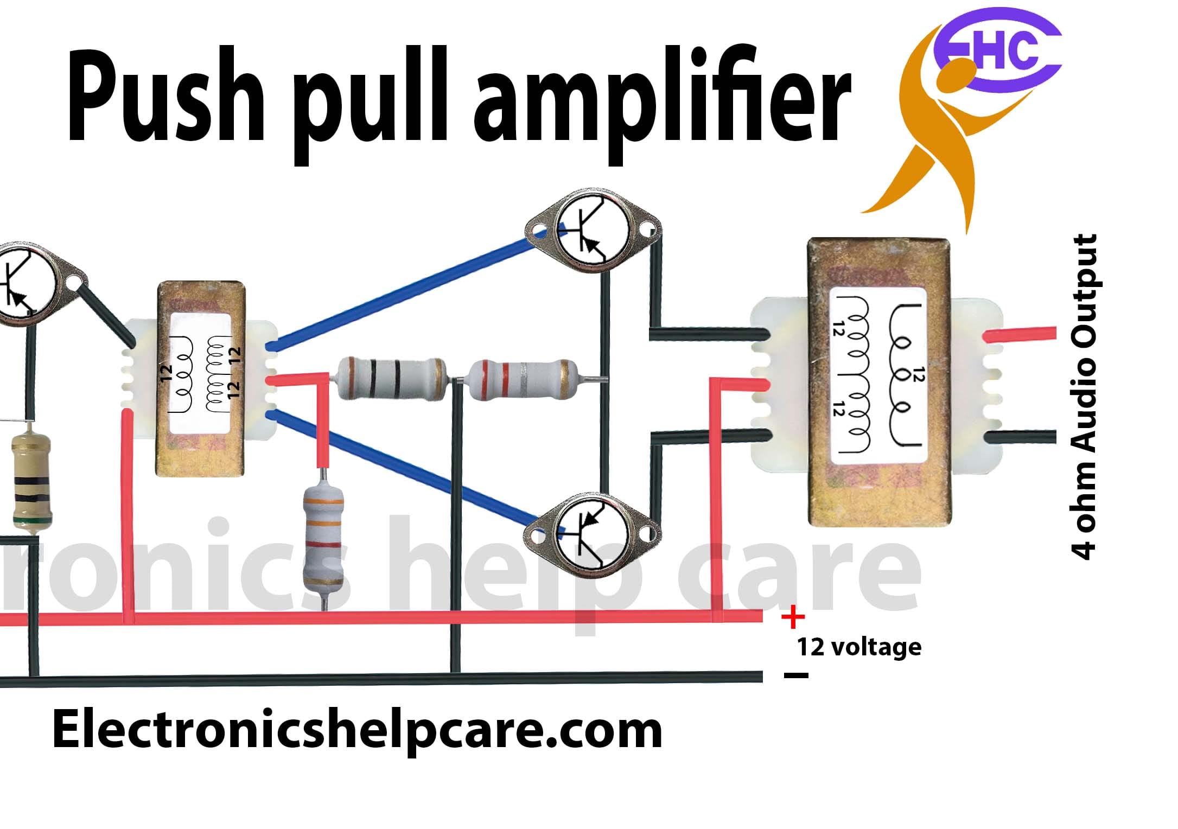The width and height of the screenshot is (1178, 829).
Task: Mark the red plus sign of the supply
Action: point(793,617)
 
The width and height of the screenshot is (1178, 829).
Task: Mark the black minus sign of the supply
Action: point(796,675)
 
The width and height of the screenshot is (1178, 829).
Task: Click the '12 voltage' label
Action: point(859,647)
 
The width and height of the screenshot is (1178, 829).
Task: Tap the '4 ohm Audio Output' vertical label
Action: point(1084,396)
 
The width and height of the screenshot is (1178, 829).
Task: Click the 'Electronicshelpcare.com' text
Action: point(356,731)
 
